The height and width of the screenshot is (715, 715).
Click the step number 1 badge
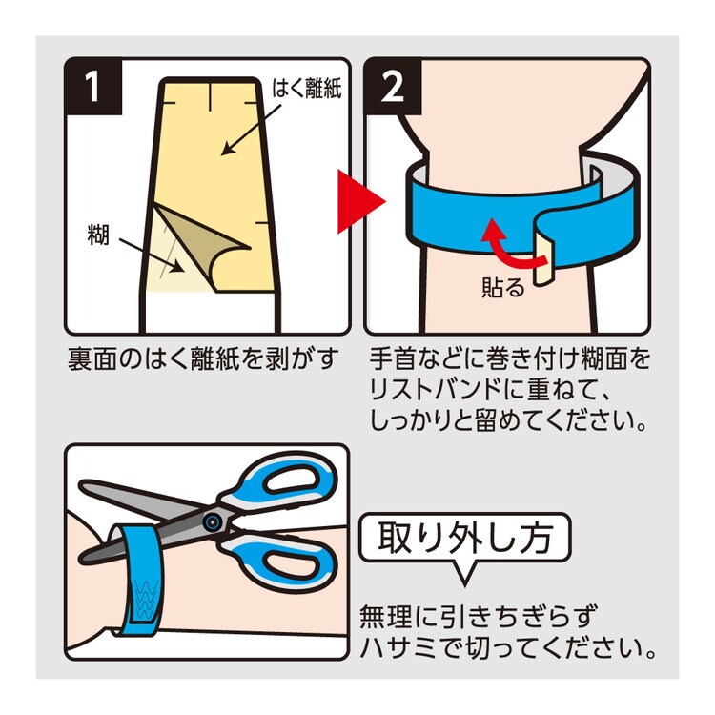(x=93, y=87)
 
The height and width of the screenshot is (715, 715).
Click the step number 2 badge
(x=393, y=87)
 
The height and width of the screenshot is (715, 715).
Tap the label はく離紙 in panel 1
(x=306, y=89)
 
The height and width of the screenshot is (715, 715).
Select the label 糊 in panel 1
(x=98, y=235)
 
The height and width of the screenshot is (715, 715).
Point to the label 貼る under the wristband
(x=503, y=287)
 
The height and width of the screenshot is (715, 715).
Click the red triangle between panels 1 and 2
(x=360, y=201)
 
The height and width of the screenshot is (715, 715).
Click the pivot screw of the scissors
(x=211, y=522)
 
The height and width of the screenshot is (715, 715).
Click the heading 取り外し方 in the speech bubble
(x=465, y=537)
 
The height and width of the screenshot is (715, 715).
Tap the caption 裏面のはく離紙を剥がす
(x=203, y=358)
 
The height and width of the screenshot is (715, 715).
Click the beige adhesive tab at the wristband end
(x=543, y=261)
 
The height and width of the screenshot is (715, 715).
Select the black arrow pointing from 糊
(x=153, y=255)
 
